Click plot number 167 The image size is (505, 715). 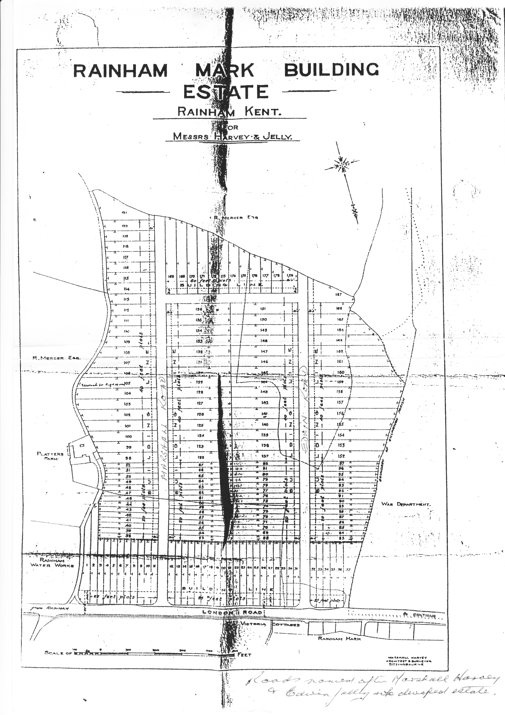(339, 294)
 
